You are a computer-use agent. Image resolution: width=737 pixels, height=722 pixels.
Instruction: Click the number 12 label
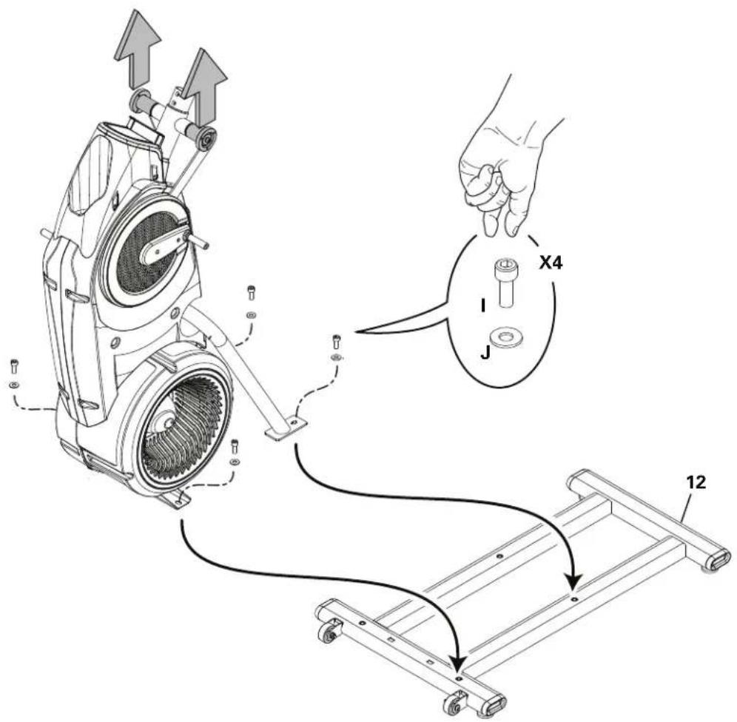click(x=695, y=482)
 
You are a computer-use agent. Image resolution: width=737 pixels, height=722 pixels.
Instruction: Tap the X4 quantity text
click(x=551, y=262)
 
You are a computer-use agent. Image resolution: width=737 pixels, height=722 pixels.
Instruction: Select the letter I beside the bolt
click(x=482, y=305)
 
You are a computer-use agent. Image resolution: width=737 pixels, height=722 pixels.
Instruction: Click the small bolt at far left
click(x=13, y=366)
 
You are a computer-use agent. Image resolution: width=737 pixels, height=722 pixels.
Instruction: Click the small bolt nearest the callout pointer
click(x=336, y=342)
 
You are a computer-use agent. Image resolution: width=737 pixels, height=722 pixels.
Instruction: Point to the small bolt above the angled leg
click(x=251, y=294)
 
